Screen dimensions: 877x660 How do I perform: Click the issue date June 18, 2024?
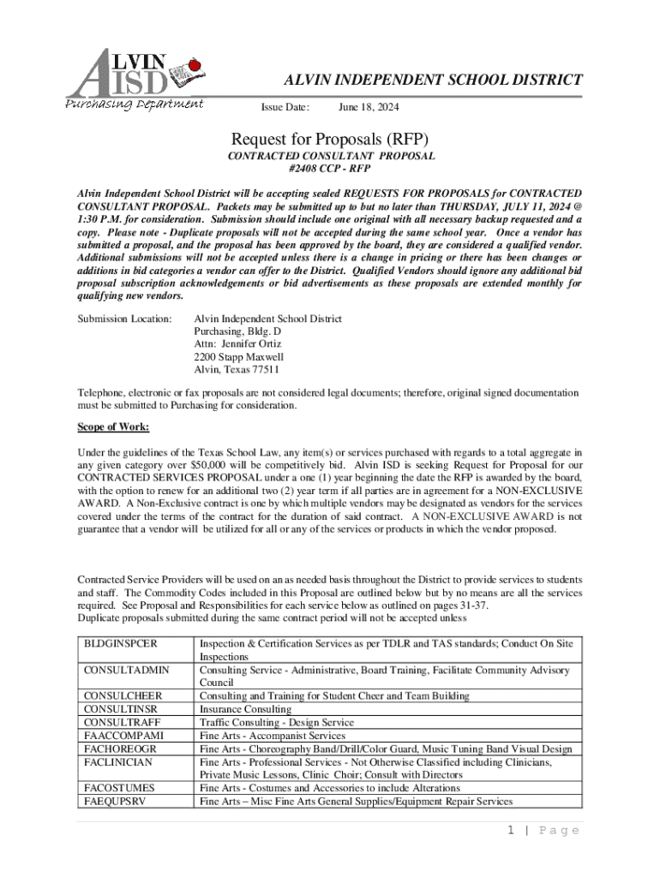coord(369,108)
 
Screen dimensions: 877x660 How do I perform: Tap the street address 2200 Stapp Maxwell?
coord(239,356)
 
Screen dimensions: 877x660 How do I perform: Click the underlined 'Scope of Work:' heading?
coord(113,427)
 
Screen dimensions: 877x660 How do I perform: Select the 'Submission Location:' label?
coord(125,319)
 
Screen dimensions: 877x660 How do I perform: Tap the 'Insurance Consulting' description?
coord(246,709)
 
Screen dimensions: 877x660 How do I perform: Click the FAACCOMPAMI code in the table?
coord(124,736)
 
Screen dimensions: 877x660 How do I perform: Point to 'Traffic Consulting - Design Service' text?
coord(276,723)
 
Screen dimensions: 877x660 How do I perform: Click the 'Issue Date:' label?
coord(285,108)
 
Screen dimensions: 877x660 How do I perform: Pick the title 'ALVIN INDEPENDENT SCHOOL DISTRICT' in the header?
coord(434,81)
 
